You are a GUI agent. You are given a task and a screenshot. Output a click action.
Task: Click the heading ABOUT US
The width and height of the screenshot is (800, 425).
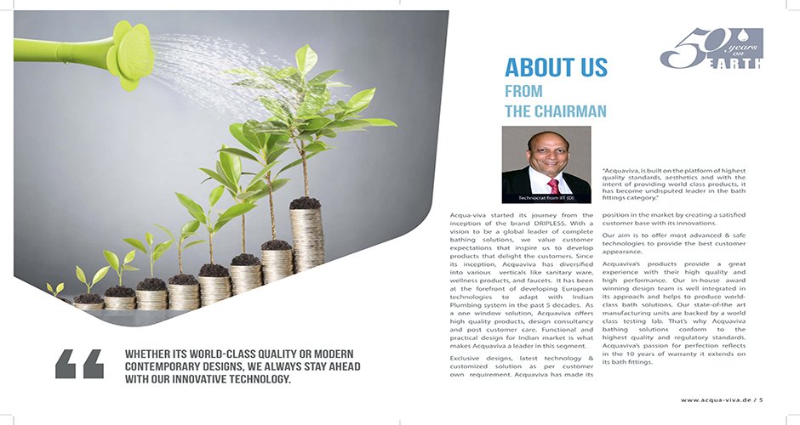556,68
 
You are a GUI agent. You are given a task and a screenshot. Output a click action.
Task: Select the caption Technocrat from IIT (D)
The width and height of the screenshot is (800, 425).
546,197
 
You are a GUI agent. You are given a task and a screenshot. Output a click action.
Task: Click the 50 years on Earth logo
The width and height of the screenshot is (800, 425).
711,49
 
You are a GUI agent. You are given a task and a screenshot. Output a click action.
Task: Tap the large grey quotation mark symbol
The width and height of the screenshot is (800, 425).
79,363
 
